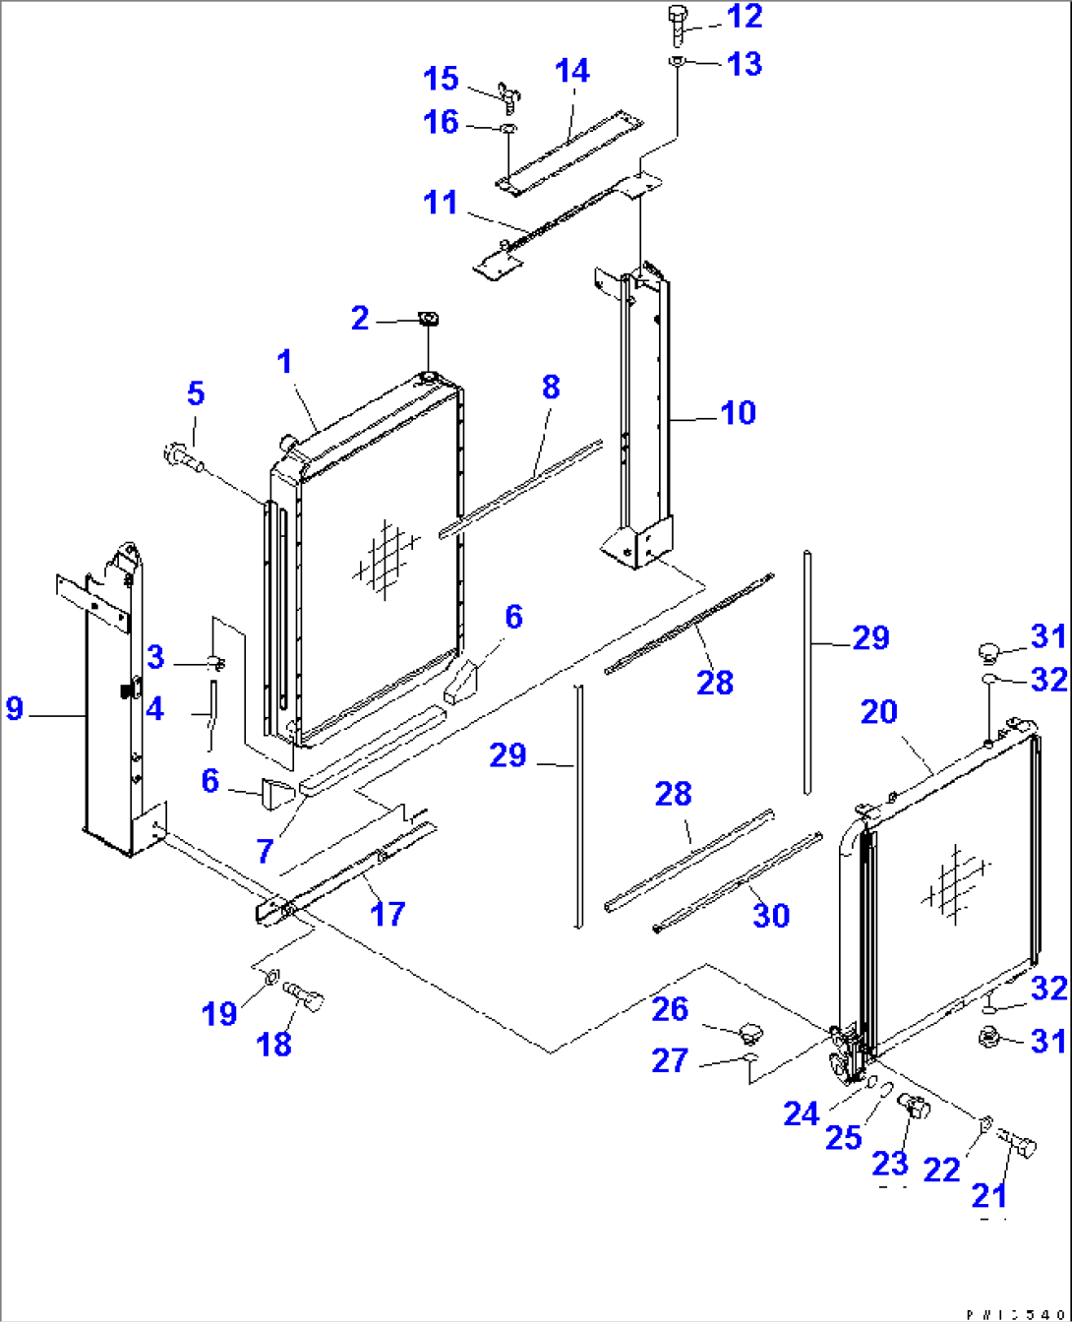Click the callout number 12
[744, 17]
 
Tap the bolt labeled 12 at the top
[678, 22]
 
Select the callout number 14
[571, 71]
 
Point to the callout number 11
[441, 203]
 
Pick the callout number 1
[284, 362]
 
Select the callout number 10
[738, 412]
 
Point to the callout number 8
[550, 387]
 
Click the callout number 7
[264, 851]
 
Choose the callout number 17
[387, 914]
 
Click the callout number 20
[878, 711]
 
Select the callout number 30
[770, 915]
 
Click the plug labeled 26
[750, 1032]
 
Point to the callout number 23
[890, 1164]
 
